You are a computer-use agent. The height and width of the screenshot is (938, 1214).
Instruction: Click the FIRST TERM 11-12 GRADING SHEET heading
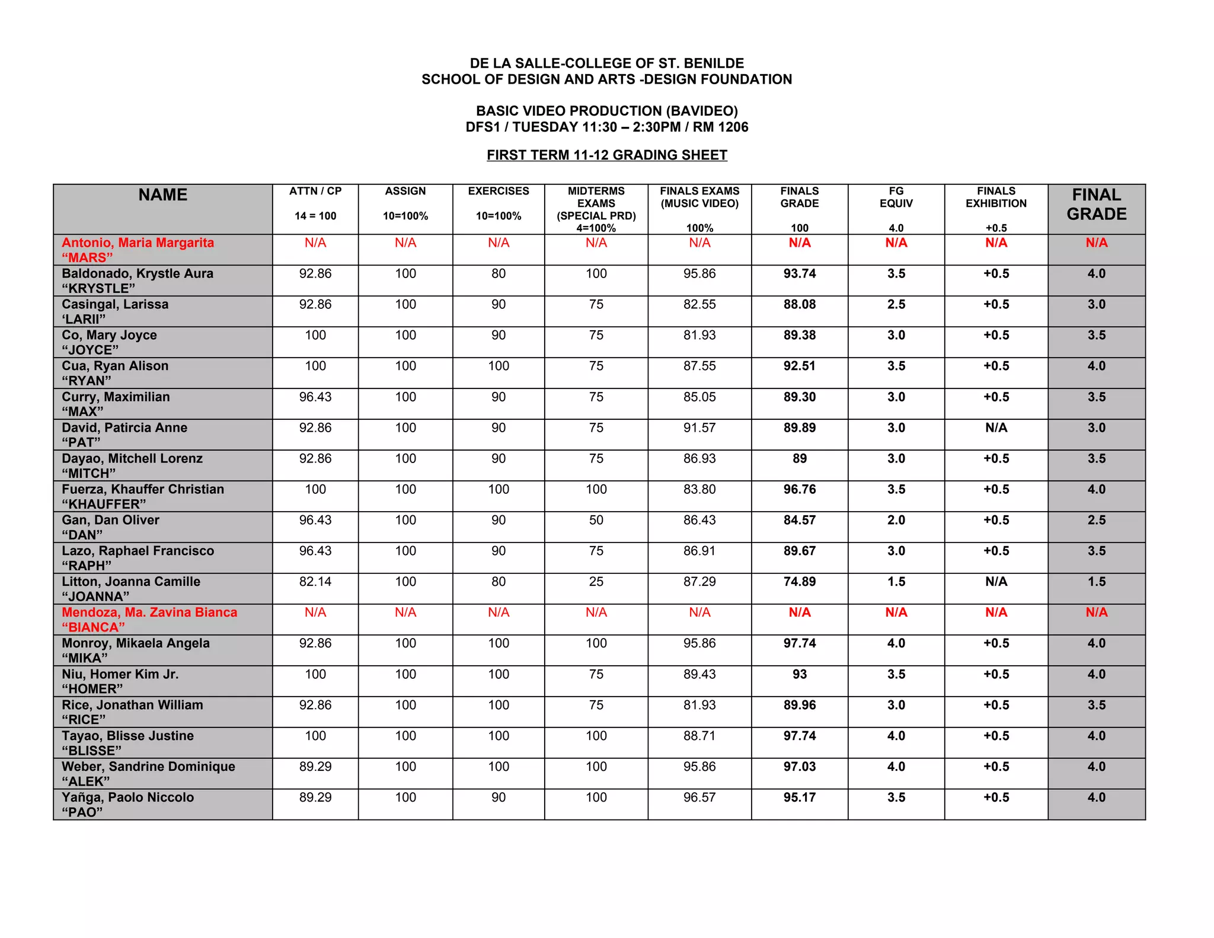(606, 155)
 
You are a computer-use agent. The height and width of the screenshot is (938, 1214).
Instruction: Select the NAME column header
(162, 195)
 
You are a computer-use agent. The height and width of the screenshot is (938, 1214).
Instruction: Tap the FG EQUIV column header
(896, 197)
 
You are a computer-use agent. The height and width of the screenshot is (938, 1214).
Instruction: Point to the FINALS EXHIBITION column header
(995, 197)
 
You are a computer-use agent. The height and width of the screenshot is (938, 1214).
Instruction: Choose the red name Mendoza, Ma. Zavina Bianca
(149, 612)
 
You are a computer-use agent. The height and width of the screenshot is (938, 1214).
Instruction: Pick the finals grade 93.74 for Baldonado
(799, 274)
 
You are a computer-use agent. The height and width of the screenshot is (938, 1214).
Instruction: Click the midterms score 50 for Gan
(596, 521)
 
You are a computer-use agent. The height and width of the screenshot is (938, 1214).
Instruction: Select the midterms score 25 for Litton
(596, 582)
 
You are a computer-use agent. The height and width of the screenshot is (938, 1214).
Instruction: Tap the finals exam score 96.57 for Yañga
(699, 797)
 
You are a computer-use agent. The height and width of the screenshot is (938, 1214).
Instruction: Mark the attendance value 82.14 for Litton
(315, 582)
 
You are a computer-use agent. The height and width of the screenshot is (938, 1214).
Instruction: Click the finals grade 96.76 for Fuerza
(799, 490)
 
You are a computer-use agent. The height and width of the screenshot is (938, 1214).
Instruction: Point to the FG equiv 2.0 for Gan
(896, 521)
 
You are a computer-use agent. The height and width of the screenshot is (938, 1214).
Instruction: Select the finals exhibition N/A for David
(996, 428)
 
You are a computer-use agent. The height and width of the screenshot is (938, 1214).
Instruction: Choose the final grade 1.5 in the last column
(1096, 582)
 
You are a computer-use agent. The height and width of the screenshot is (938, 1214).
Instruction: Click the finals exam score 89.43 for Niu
(699, 675)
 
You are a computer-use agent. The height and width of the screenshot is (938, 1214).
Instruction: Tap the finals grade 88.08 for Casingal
(799, 305)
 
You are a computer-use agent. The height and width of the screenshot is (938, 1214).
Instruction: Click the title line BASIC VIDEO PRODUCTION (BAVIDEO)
(606, 111)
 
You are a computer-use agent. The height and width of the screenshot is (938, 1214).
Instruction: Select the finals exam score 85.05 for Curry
(699, 397)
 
